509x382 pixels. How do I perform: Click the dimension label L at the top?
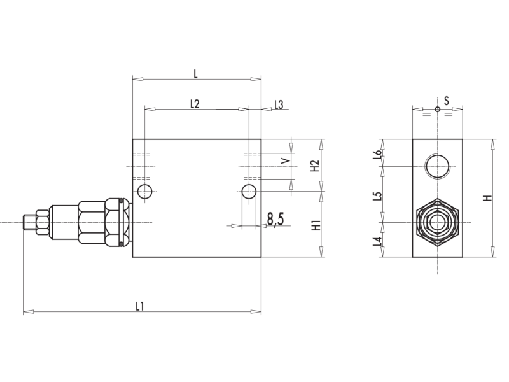coord(195,74)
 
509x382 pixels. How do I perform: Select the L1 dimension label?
coord(140,306)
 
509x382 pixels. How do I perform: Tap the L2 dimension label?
coord(195,104)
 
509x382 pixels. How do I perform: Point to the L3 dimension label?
coord(279,104)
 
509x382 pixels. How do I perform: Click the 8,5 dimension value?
coord(275,220)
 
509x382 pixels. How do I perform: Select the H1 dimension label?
coord(315,224)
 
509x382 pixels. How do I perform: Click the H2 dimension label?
coord(315,166)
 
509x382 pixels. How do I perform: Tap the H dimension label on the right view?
coord(487,198)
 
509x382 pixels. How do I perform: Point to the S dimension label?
coord(447,101)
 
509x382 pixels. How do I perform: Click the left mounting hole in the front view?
coord(145,191)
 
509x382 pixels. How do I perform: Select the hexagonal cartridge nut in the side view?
coord(437,222)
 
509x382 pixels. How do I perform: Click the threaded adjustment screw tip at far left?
coord(29,222)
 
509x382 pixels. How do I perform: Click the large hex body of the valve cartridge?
coord(92,222)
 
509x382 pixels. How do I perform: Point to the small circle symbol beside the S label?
coord(437,109)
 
